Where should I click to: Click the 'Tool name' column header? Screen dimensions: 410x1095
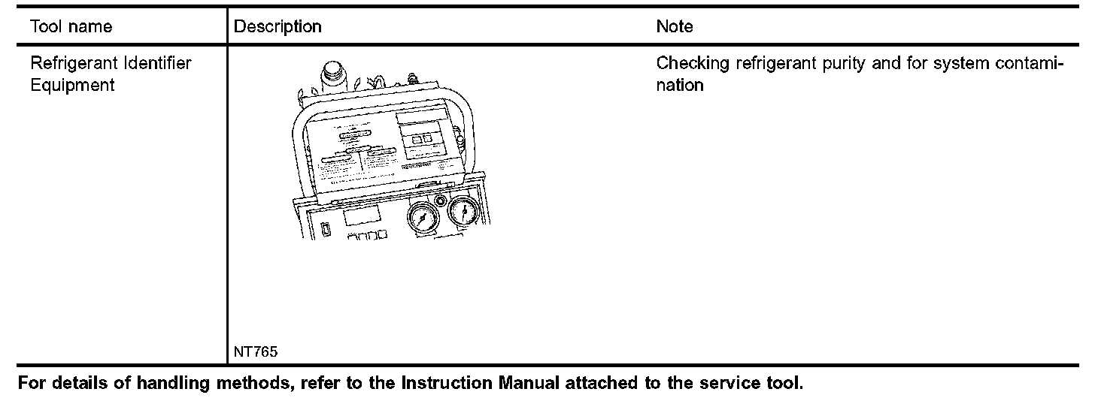pos(71,27)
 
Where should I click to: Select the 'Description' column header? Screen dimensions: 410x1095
pos(278,27)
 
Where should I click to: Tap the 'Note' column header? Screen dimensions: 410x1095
pos(675,27)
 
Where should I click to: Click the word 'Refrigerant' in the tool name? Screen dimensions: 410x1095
pos(74,64)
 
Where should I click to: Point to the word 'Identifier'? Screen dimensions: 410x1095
pos(158,64)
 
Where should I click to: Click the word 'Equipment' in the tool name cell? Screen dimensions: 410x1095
pos(72,85)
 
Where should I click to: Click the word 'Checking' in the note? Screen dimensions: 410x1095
pos(693,64)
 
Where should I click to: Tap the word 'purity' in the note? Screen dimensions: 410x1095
pos(837,64)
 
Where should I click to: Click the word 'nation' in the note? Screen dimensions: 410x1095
pos(680,85)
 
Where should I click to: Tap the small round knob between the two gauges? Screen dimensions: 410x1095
pos(441,200)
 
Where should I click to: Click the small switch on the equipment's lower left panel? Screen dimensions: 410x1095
pos(326,230)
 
